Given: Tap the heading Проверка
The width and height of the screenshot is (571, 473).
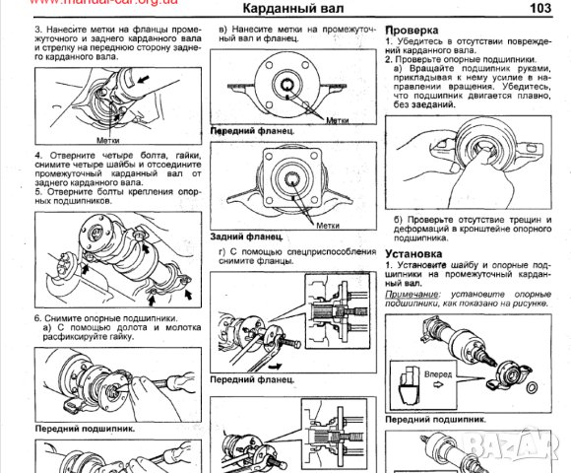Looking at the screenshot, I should pos(412,32).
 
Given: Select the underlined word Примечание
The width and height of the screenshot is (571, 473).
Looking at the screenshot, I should pos(412,296).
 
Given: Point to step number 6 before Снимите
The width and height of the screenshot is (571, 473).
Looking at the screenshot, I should pos(37,318).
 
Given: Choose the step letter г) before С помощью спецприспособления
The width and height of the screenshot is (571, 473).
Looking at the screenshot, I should pos(225,253).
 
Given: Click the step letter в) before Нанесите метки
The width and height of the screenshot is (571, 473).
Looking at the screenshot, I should pos(223,32).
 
